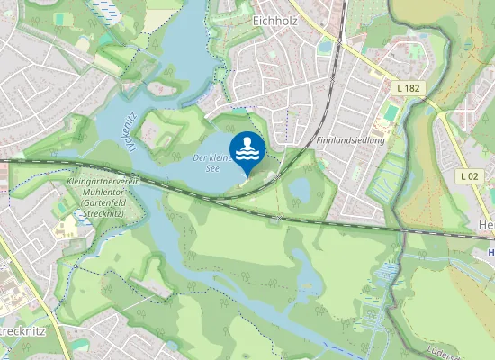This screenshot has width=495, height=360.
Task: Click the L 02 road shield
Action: pos(467,176)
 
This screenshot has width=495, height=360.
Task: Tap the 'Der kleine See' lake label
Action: pos(211,162)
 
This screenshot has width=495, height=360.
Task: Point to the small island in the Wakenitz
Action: pos(164,87)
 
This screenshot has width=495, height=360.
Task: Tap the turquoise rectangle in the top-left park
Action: pos(59,19)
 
